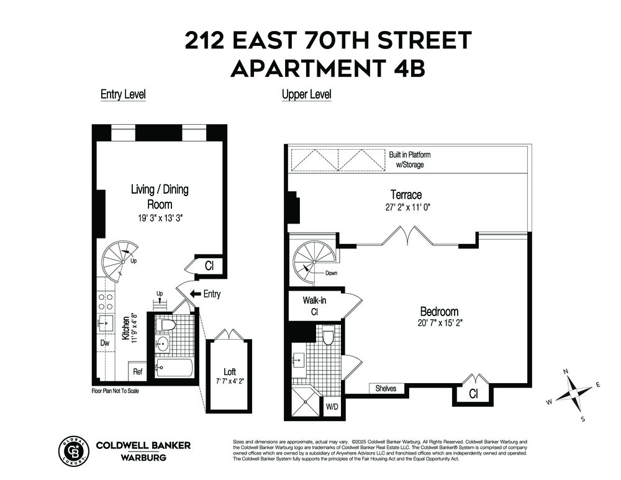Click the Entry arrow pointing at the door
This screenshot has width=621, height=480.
pyautogui.click(x=195, y=294)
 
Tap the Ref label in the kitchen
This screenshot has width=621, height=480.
pyautogui.click(x=137, y=372)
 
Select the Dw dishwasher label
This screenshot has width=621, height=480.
pyautogui.click(x=104, y=342)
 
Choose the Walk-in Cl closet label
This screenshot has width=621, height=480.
pyautogui.click(x=314, y=306)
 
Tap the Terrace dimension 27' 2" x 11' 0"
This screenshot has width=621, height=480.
pyautogui.click(x=407, y=208)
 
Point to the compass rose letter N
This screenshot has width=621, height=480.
pyautogui.click(x=566, y=372)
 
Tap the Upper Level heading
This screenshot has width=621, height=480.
pyautogui.click(x=306, y=95)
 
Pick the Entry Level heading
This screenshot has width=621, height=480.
pyautogui.click(x=123, y=95)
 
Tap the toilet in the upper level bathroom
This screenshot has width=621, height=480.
pyautogui.click(x=329, y=337)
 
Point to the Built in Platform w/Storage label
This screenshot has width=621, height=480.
pyautogui.click(x=409, y=160)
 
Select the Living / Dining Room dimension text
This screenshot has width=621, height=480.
pyautogui.click(x=160, y=218)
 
